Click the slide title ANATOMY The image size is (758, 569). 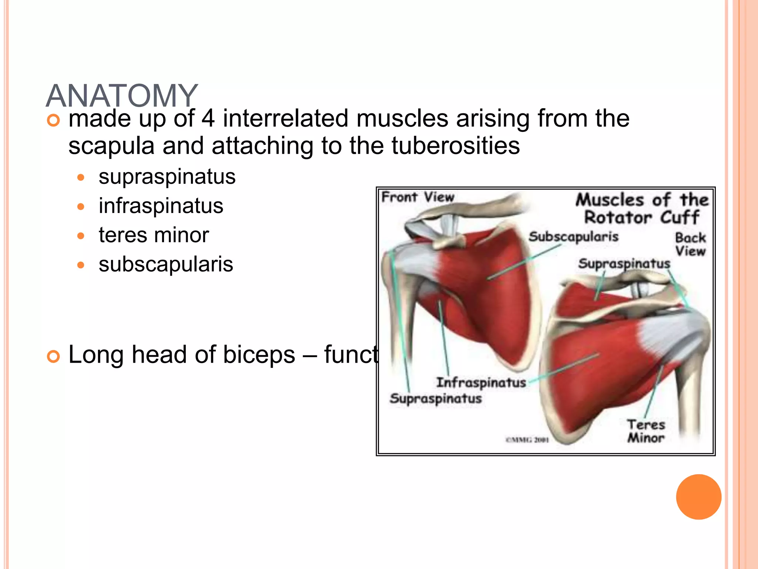[x=122, y=96]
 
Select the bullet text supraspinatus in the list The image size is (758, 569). [x=167, y=176]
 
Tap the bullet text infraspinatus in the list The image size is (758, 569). [x=161, y=206]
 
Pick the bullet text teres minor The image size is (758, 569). [x=154, y=235]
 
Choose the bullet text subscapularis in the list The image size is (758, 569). [x=166, y=264]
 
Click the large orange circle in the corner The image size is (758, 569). [x=698, y=497]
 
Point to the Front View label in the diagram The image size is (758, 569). [x=418, y=197]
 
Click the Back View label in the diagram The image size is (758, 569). [x=690, y=244]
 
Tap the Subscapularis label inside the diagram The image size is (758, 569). [x=573, y=236]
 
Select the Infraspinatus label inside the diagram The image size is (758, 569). [x=481, y=382]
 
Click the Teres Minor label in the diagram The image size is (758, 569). [x=646, y=431]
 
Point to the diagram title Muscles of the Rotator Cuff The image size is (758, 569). [x=642, y=209]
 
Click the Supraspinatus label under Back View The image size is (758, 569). [x=624, y=263]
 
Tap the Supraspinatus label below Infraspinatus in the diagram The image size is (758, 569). [x=436, y=399]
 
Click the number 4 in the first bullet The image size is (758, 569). [x=208, y=119]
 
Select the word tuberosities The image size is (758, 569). [x=456, y=146]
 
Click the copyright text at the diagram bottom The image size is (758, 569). [x=527, y=440]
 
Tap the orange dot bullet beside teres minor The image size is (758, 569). [x=81, y=236]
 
